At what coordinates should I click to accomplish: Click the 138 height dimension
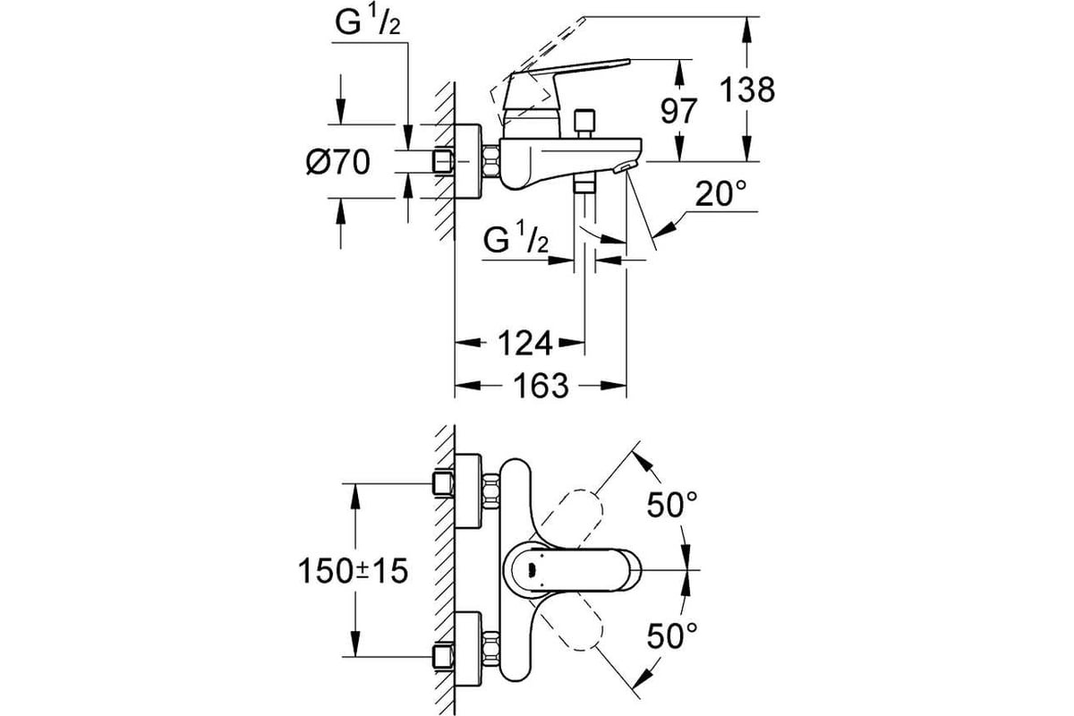pyautogui.click(x=747, y=89)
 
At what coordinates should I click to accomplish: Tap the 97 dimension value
pyautogui.click(x=678, y=111)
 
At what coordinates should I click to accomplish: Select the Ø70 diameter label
pyautogui.click(x=338, y=162)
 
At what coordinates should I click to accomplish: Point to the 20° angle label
pyautogui.click(x=720, y=192)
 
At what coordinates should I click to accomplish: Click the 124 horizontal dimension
pyautogui.click(x=525, y=343)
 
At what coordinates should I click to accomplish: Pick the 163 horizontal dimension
pyautogui.click(x=541, y=386)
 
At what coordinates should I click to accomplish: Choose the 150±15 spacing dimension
pyautogui.click(x=353, y=571)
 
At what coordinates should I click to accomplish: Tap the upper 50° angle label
pyautogui.click(x=672, y=504)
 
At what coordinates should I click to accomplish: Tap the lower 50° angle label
pyautogui.click(x=672, y=635)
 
